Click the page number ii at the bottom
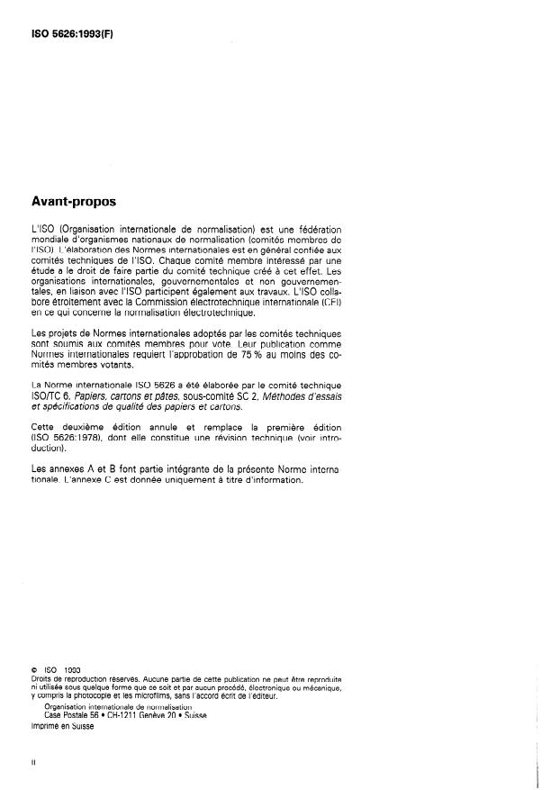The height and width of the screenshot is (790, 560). [34, 762]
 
